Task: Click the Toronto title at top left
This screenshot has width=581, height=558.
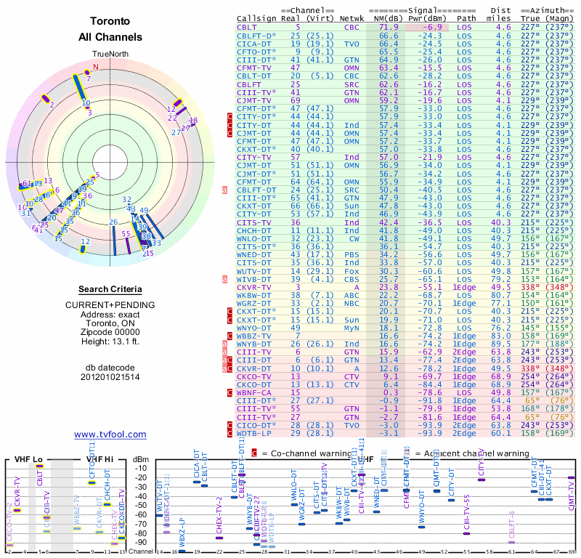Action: (110, 22)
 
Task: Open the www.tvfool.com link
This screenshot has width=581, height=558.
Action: (110, 434)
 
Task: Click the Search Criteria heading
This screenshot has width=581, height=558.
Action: (110, 289)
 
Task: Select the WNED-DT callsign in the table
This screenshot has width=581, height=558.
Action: (253, 255)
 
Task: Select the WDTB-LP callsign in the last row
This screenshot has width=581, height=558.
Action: (253, 433)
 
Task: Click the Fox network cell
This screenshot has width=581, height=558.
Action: (353, 270)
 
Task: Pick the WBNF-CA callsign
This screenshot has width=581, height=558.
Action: (253, 392)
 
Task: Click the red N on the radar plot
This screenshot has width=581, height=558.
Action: (95, 68)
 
